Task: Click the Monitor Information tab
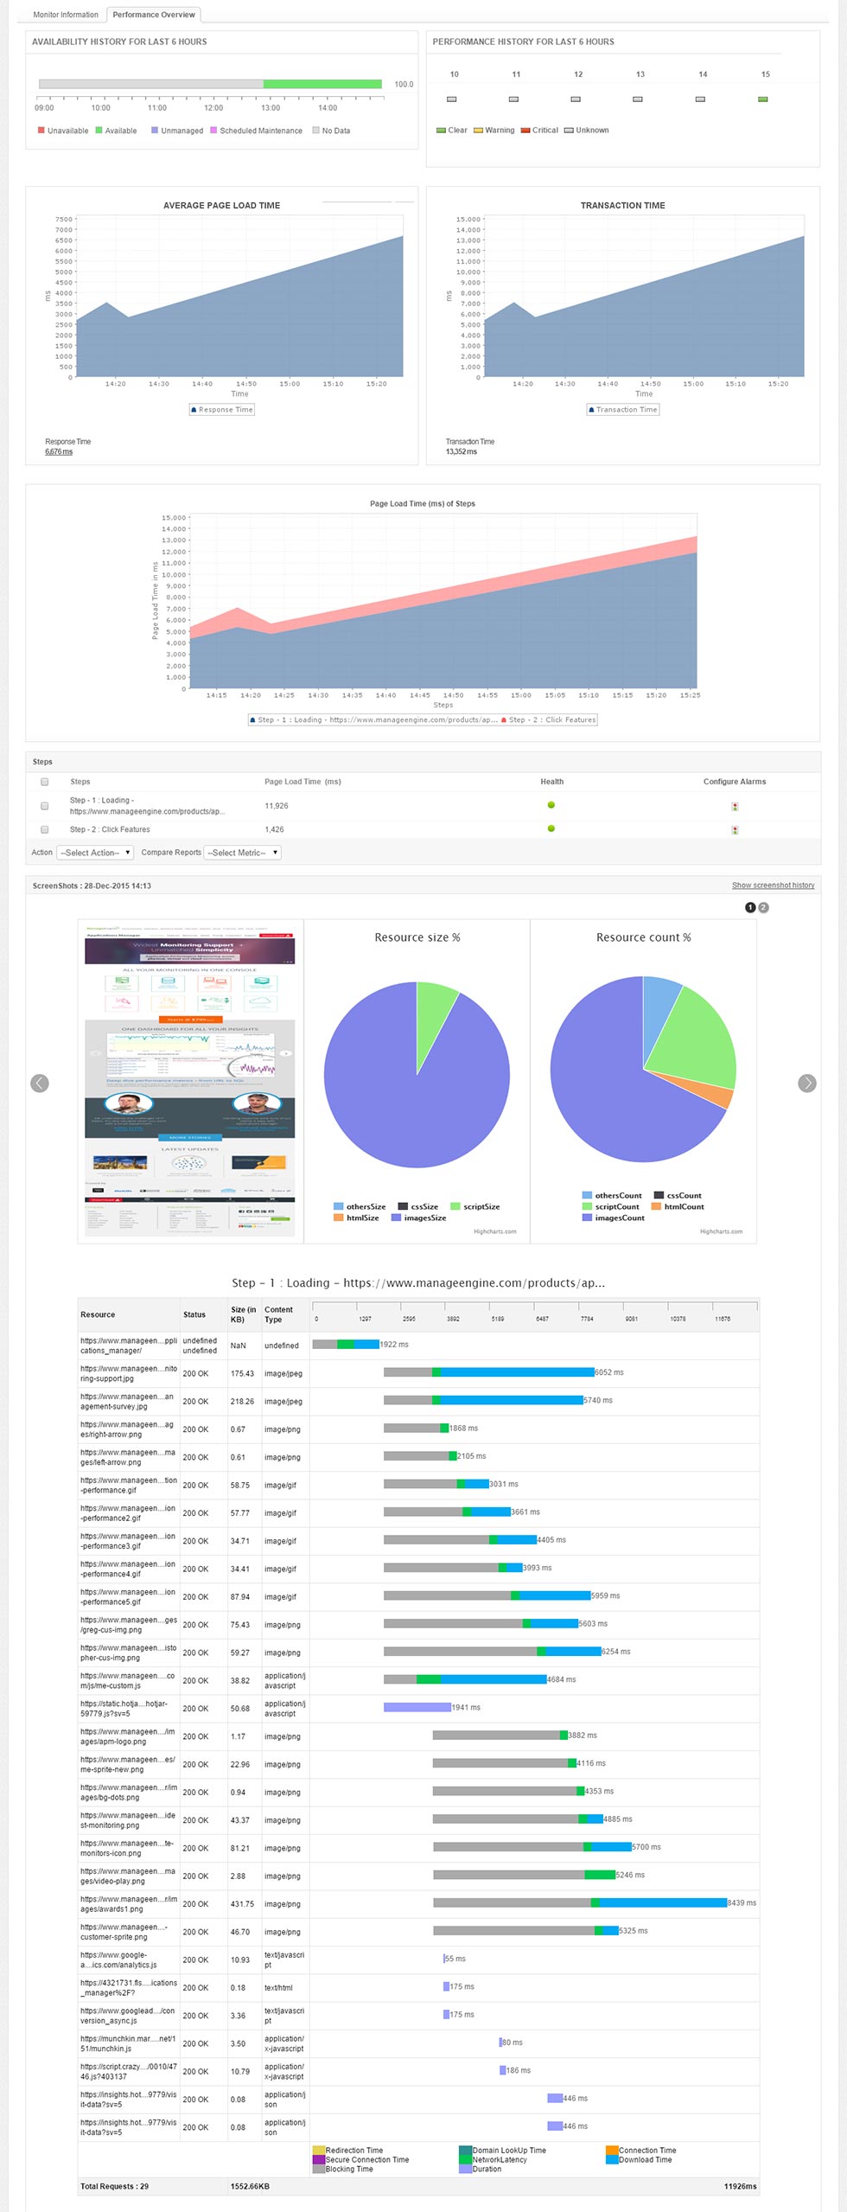(66, 15)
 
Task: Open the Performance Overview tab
(154, 15)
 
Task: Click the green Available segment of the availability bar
(322, 84)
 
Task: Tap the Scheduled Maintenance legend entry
(260, 131)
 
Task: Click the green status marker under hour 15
(762, 99)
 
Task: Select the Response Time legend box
(222, 410)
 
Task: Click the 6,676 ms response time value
(59, 451)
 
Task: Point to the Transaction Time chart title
(622, 206)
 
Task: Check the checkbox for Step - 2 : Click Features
(45, 829)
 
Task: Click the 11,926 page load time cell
(277, 806)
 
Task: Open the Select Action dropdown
(95, 853)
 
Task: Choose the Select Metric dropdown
(242, 853)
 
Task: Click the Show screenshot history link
(773, 885)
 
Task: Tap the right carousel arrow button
(806, 1084)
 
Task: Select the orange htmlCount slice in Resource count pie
(716, 1096)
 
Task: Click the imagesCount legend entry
(619, 1218)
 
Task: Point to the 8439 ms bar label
(742, 1902)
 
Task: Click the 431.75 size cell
(242, 1904)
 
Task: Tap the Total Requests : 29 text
(114, 2186)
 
